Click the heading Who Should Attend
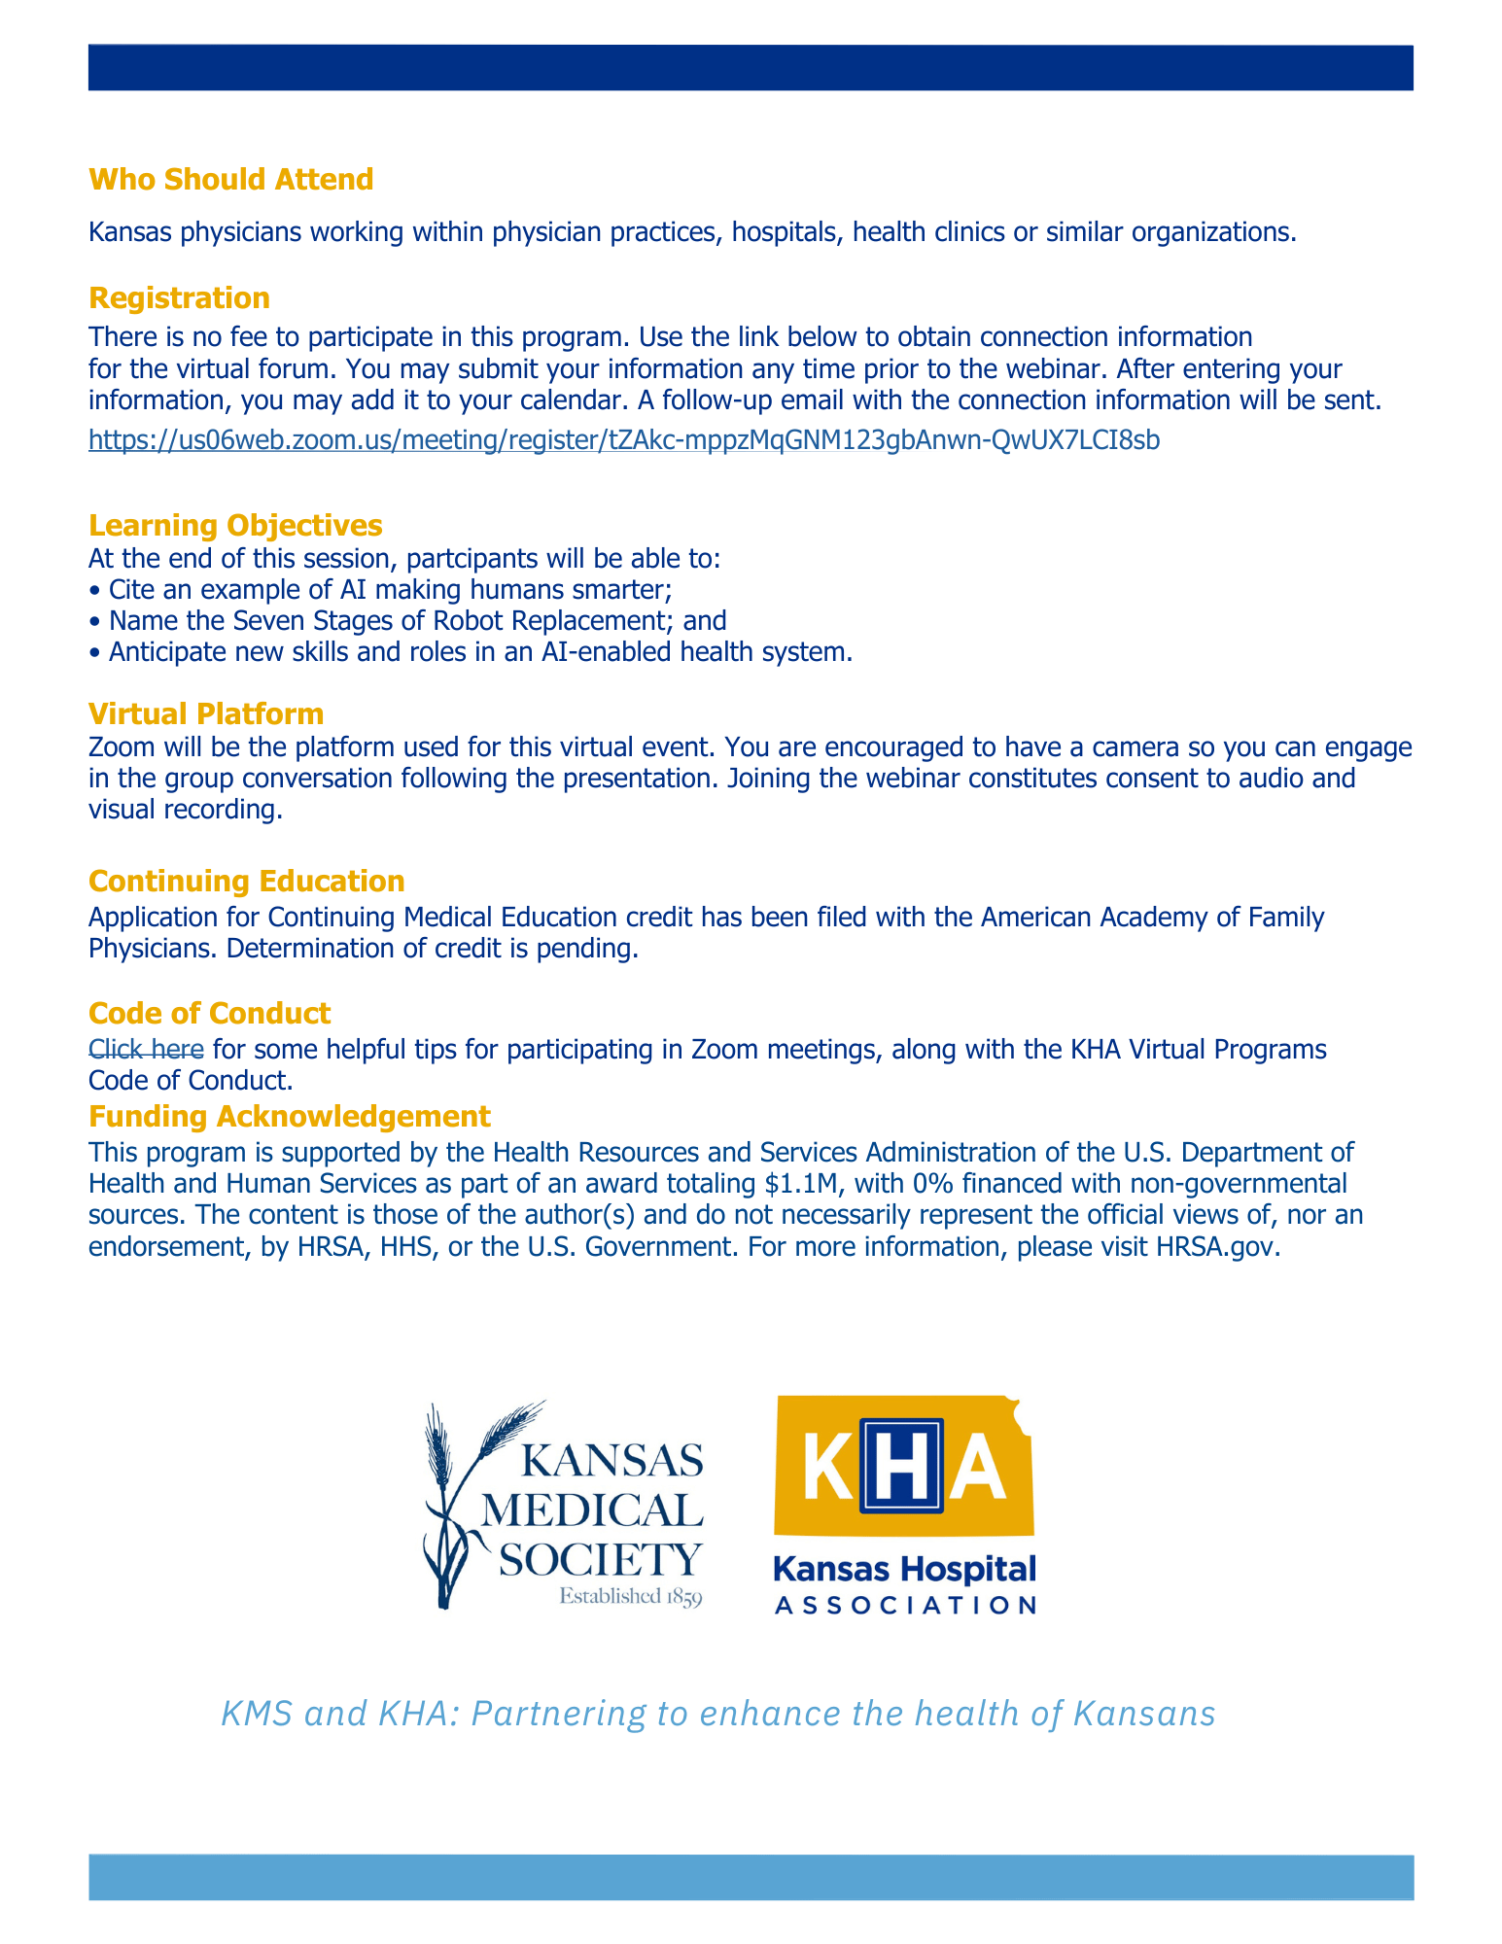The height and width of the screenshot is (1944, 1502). (230, 180)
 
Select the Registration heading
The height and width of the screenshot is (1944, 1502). (179, 297)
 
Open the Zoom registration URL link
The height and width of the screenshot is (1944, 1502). (623, 440)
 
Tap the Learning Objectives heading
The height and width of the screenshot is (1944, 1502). (234, 525)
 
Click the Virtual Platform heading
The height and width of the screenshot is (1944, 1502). (205, 713)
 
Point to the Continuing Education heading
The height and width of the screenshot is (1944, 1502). (246, 881)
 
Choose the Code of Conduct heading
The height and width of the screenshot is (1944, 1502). (209, 1013)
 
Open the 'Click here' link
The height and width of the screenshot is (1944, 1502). (146, 1049)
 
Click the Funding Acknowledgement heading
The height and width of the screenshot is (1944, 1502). (289, 1116)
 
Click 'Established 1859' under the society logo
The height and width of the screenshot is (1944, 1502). (630, 1597)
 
